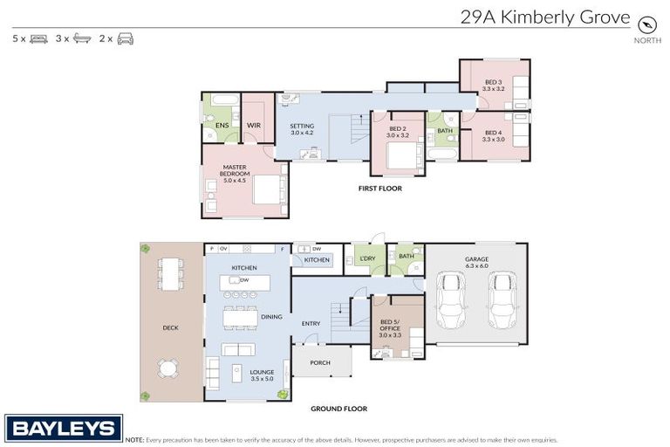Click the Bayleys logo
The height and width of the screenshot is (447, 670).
tap(64, 428)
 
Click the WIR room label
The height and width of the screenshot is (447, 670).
tap(254, 126)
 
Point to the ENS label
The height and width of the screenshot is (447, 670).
tap(222, 126)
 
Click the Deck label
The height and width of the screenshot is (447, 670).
tap(171, 328)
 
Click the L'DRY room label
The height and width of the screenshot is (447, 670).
tap(367, 258)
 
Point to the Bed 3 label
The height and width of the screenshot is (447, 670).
tap(494, 85)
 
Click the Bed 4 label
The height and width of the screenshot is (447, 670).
tap(494, 135)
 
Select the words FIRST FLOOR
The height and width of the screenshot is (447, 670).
tap(380, 188)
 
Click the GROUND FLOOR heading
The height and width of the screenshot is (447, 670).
tap(339, 409)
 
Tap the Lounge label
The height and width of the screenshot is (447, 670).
tap(262, 375)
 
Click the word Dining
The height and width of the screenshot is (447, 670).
tap(271, 317)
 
